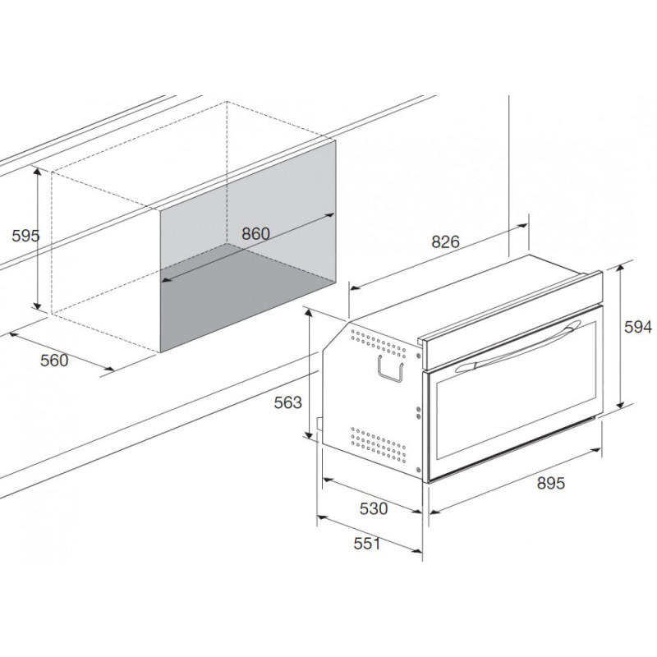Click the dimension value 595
25,236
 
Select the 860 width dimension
255,233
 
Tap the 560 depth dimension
54,360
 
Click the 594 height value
637,327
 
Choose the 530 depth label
373,508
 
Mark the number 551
368,543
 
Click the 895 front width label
550,484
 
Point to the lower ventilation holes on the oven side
378,444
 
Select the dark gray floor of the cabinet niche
246,300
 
